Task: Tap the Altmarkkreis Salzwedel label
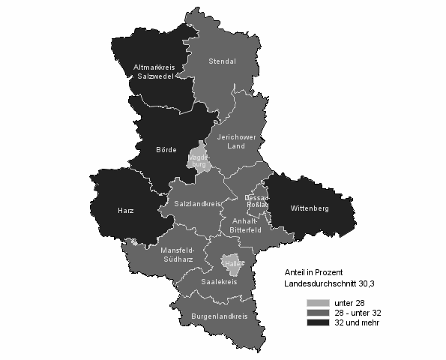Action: coord(154,73)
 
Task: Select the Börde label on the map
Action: coord(166,148)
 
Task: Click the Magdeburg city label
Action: coord(199,160)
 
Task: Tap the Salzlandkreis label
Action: coord(196,204)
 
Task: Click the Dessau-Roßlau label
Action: coord(258,201)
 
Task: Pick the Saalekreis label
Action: coord(219,282)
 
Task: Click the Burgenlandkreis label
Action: coord(219,317)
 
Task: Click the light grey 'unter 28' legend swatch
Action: coord(319,301)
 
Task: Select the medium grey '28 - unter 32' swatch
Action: coord(319,312)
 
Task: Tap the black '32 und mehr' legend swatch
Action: coord(319,322)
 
